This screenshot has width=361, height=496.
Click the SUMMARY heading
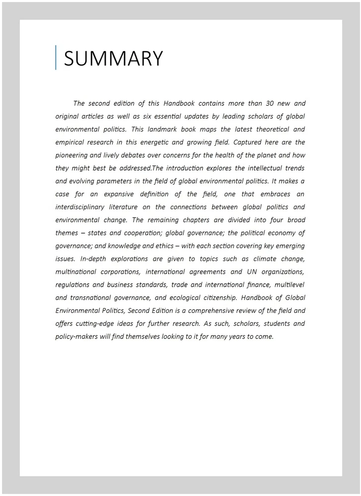click(x=113, y=59)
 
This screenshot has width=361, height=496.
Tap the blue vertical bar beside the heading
click(x=56, y=58)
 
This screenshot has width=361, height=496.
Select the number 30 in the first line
click(x=251, y=104)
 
